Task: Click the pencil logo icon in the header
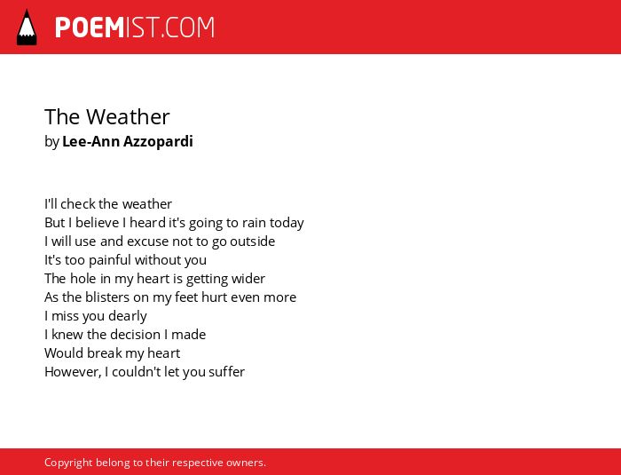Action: (x=27, y=28)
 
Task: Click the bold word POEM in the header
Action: (x=90, y=28)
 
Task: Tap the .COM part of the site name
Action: (x=187, y=28)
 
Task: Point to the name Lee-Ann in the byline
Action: (x=91, y=141)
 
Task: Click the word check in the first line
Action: (x=78, y=204)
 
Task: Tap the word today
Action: (x=287, y=223)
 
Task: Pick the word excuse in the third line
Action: (x=148, y=241)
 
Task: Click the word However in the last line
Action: (x=73, y=372)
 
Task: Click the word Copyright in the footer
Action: (x=68, y=463)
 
